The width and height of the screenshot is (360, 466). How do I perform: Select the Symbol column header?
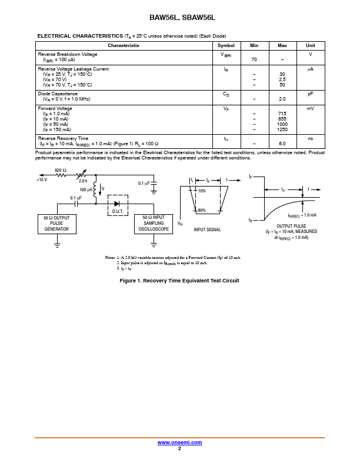click(226, 45)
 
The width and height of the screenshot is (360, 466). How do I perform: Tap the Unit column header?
click(310, 45)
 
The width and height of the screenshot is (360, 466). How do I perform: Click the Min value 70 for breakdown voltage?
click(254, 60)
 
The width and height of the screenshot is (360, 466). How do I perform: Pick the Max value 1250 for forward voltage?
click(282, 129)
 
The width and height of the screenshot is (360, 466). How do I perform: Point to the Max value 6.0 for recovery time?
click(282, 144)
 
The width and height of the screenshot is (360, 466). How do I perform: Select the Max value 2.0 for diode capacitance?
click(282, 99)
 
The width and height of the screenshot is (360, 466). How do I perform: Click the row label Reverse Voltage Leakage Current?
click(73, 69)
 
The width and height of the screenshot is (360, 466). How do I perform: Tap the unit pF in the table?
click(310, 94)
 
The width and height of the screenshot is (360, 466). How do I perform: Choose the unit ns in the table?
click(310, 138)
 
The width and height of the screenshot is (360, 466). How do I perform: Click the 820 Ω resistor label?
click(61, 170)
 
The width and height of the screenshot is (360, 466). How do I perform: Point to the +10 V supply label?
click(42, 180)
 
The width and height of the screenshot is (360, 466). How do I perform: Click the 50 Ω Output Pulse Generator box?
click(56, 224)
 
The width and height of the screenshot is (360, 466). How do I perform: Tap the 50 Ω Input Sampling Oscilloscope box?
click(154, 224)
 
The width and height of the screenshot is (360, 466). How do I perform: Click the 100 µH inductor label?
click(86, 190)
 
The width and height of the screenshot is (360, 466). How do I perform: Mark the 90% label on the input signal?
click(202, 211)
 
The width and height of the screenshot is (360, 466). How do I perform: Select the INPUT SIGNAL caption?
click(207, 229)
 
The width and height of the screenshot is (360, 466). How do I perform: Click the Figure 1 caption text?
click(179, 281)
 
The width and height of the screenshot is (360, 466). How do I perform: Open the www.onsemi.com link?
click(179, 442)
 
